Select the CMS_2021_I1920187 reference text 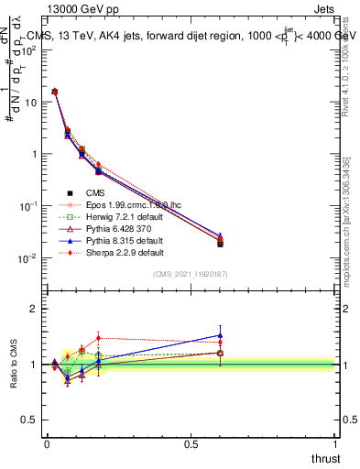[191, 274]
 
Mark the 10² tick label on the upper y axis [28, 50]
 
